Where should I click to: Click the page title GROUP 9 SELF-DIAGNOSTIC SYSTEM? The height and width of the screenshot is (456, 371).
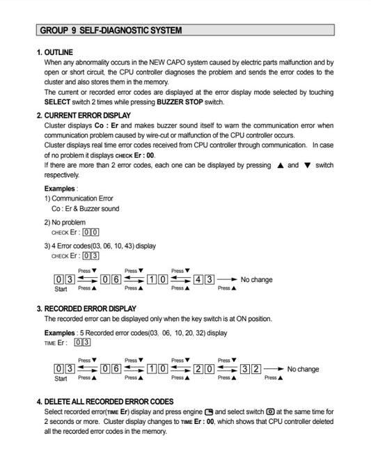click(111, 31)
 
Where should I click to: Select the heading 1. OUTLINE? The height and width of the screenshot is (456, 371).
click(54, 53)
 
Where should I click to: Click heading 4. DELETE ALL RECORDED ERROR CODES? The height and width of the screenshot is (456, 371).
click(104, 402)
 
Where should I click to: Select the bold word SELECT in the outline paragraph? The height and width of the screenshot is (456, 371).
click(57, 102)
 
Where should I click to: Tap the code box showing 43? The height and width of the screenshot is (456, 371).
click(204, 279)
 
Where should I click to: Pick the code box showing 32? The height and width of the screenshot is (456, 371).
click(251, 369)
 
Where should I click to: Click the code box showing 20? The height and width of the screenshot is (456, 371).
click(204, 369)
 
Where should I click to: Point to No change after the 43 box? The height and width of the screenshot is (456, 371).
click(256, 279)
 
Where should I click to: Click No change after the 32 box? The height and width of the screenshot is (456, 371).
click(303, 369)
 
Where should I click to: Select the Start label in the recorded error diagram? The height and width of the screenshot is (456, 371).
click(61, 379)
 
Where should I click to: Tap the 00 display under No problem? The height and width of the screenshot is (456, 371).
click(90, 232)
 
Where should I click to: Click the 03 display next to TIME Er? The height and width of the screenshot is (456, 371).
click(82, 343)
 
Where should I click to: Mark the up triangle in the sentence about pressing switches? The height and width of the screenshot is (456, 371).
click(280, 166)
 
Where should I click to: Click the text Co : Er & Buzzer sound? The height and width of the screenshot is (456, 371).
click(85, 208)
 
